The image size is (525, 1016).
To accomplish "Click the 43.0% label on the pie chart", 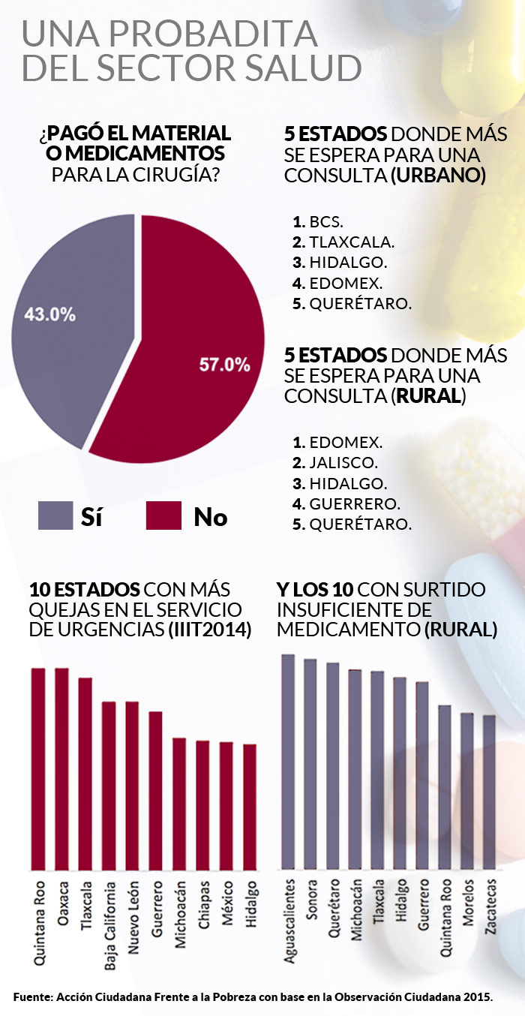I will tap(49, 314).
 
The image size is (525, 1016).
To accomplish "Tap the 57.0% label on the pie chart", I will tap(224, 365).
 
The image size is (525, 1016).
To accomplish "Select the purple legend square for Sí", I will tap(55, 516).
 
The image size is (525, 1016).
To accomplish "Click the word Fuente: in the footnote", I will tap(33, 996).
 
